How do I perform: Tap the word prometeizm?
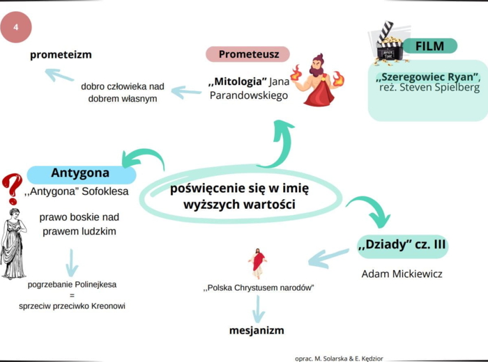click(61, 54)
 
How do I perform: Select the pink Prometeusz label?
click(248, 54)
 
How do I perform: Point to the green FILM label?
click(429, 46)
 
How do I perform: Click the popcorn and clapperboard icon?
click(389, 42)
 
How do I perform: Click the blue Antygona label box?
click(81, 173)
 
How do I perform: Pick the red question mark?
click(11, 188)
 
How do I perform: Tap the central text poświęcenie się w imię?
click(239, 188)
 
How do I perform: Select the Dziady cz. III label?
click(402, 246)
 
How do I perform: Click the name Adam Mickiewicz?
click(402, 274)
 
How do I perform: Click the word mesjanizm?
click(257, 330)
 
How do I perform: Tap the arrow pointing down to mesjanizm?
click(258, 308)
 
